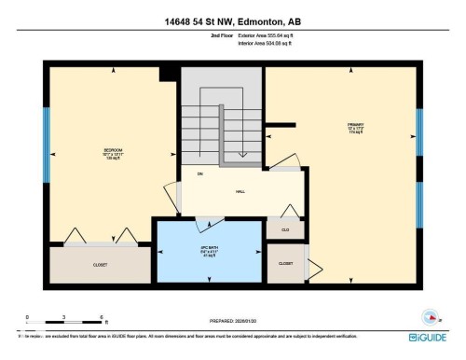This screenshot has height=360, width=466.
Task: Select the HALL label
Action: point(240,191)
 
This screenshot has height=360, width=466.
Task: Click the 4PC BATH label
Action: point(209,251)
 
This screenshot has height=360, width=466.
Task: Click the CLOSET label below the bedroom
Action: point(100,265)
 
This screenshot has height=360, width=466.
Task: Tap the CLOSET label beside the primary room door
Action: point(285,264)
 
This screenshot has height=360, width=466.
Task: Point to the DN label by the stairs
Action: point(199,174)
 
